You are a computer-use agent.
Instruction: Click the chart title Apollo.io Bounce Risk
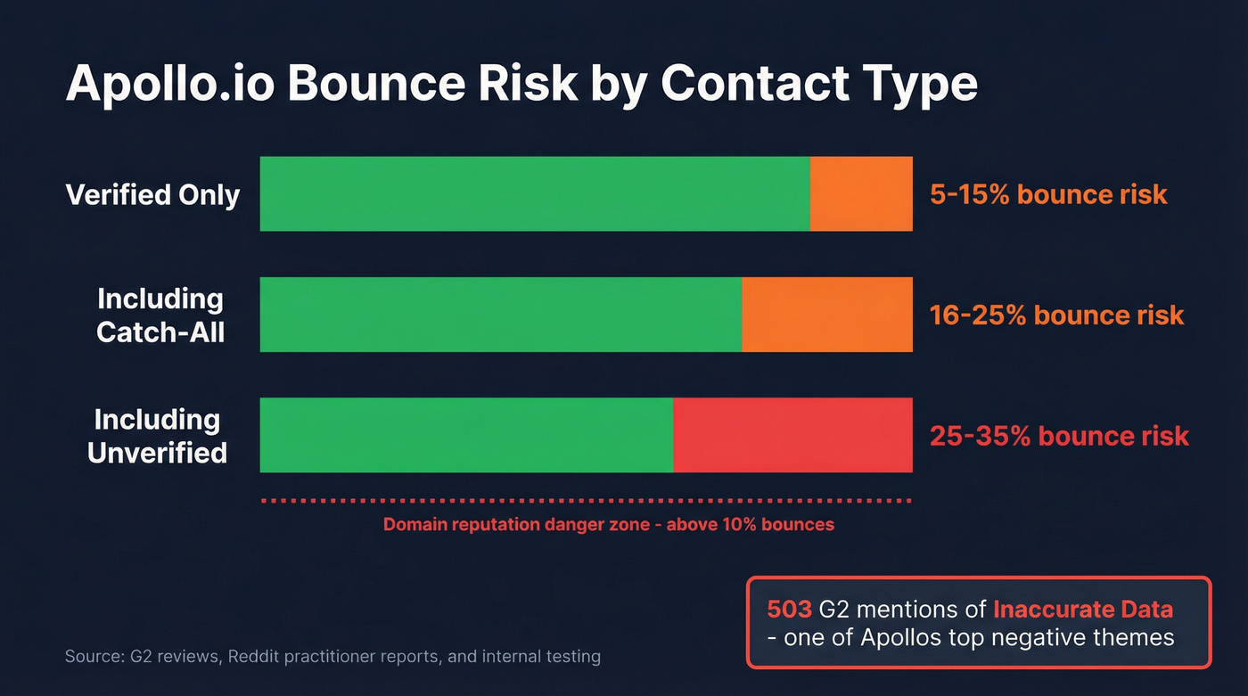(x=521, y=86)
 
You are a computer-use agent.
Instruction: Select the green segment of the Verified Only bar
(x=535, y=193)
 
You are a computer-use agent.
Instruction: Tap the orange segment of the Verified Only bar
(x=861, y=193)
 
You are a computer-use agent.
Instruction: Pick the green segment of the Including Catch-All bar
(x=500, y=315)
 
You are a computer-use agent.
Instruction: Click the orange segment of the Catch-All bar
(x=827, y=315)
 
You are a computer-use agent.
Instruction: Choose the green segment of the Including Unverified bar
(x=466, y=435)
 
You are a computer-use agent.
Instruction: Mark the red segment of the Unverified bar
(x=792, y=435)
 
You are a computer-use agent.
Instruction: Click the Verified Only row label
(x=153, y=194)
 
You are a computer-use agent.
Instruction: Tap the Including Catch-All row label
(x=160, y=315)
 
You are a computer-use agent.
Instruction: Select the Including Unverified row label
(x=157, y=436)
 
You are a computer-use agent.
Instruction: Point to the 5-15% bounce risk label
(x=1048, y=194)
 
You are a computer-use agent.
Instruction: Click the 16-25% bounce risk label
(x=1056, y=315)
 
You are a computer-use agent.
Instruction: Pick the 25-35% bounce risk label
(x=1059, y=436)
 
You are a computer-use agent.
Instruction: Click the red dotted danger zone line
(x=587, y=502)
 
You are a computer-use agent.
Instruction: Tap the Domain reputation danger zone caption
(x=609, y=524)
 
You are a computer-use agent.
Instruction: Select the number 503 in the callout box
(x=789, y=610)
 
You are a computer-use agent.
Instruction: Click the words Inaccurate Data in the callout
(x=1082, y=610)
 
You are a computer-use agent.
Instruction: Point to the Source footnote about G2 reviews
(x=333, y=657)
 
